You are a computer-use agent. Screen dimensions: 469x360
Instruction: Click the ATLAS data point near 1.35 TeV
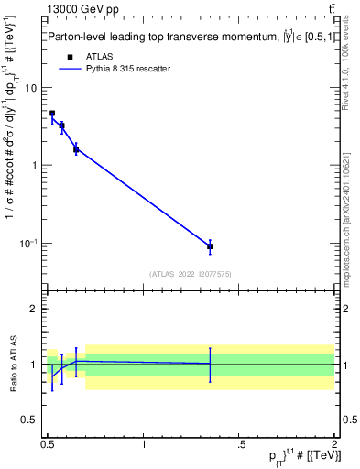click(x=210, y=246)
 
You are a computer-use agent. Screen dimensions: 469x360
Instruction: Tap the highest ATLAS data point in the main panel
click(x=52, y=114)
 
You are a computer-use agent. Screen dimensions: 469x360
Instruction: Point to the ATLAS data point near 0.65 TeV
click(x=76, y=149)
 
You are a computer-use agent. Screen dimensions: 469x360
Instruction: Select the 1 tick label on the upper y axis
click(x=35, y=166)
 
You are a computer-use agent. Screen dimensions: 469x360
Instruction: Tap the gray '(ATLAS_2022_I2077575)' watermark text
click(x=191, y=274)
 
